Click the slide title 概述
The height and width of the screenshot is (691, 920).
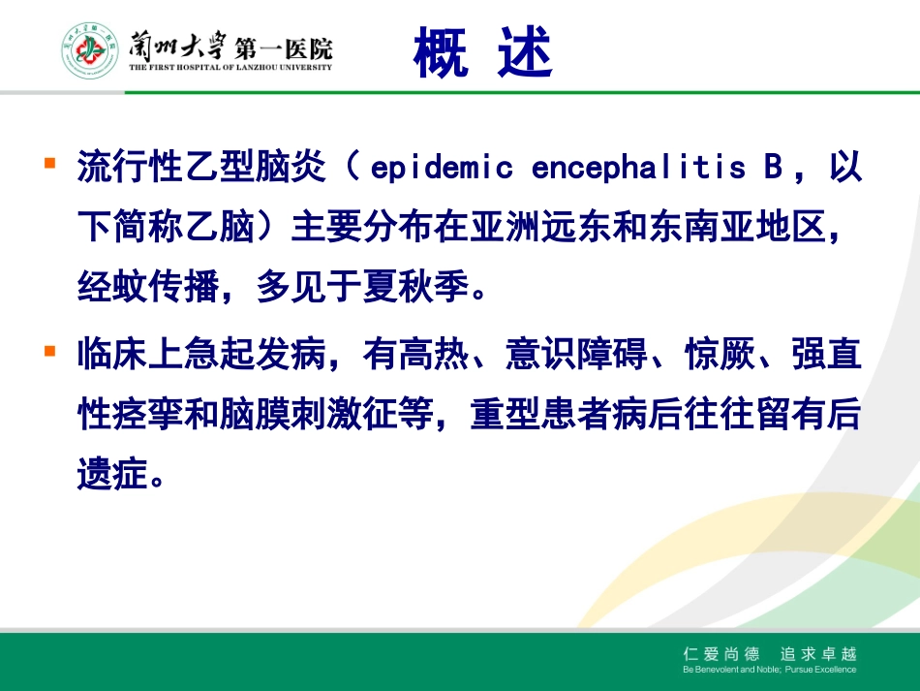point(481,52)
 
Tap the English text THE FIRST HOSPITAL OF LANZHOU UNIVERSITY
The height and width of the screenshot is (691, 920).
point(230,67)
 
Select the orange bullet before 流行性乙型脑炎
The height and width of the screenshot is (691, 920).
point(49,162)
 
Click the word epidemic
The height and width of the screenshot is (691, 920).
point(442,168)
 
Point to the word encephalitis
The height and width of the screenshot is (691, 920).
point(639,168)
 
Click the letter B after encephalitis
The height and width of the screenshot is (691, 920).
point(772,168)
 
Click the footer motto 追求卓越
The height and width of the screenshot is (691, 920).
point(821,654)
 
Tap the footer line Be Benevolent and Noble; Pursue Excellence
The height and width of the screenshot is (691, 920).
point(769,670)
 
